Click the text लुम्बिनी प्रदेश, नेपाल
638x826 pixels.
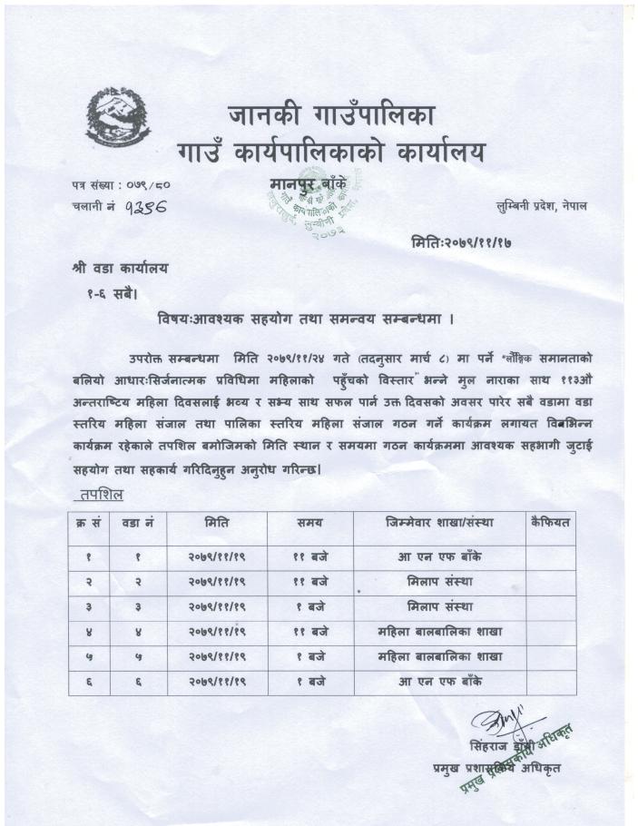541,206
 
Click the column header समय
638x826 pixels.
309,524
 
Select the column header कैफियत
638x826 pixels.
551,524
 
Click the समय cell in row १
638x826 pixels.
309,556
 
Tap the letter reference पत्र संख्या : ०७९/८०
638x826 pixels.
120,184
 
